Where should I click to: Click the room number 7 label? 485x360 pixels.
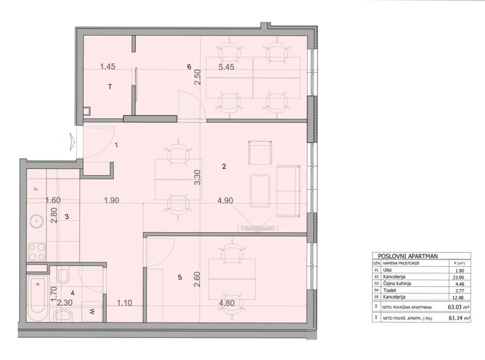[x=110, y=87]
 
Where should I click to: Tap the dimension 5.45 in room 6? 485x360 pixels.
[x=226, y=67]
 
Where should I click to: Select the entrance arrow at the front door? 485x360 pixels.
[x=73, y=142]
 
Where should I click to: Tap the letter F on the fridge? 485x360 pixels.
[x=35, y=188]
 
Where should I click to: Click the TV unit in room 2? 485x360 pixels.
[x=257, y=228]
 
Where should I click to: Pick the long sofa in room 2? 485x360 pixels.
[x=288, y=191]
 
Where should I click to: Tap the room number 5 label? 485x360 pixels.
[x=179, y=278]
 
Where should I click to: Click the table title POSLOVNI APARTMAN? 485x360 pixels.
[x=404, y=256]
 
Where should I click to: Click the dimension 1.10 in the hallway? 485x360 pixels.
[x=125, y=304]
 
